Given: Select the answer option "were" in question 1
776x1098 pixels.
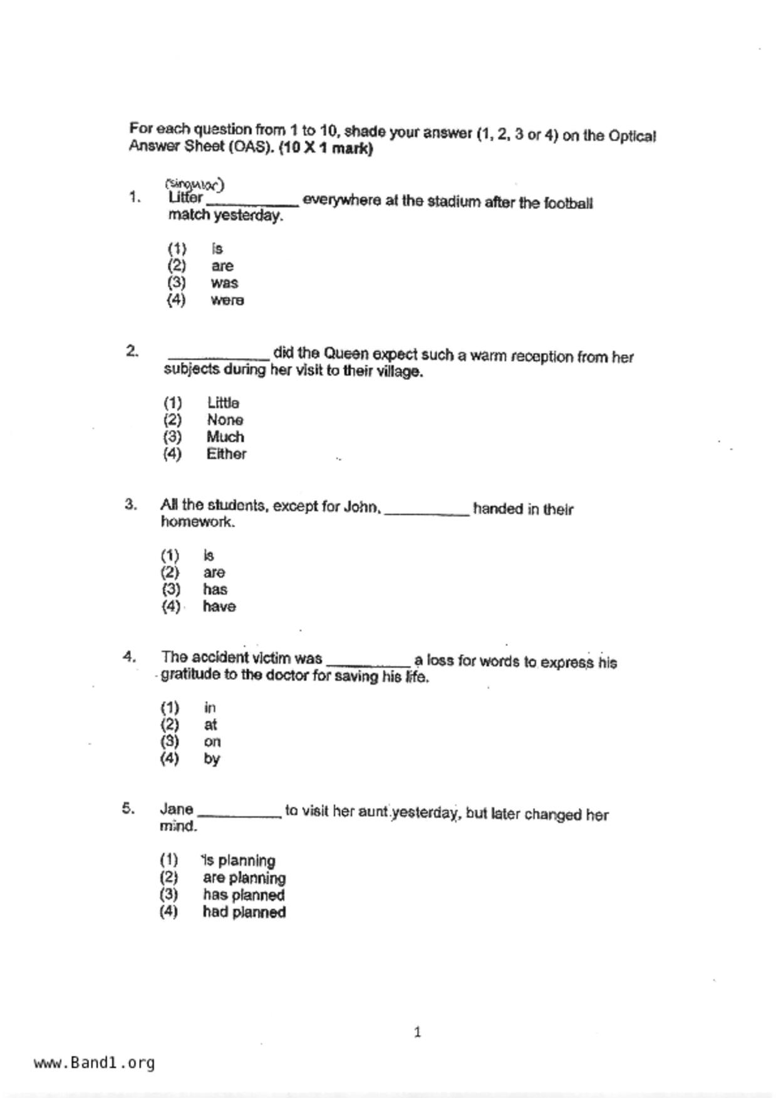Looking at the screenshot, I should click(227, 300).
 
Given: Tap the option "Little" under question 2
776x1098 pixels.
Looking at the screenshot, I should click(223, 403).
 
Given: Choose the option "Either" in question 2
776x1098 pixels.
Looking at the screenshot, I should click(226, 454).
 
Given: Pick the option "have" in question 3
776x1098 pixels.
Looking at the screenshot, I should click(219, 607).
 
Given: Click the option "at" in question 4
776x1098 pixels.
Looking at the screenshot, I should click(210, 726).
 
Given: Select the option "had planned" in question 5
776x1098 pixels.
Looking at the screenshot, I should click(244, 912).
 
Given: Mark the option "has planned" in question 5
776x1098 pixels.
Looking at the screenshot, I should click(244, 895).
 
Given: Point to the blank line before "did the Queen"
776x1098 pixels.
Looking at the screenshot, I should click(219, 357).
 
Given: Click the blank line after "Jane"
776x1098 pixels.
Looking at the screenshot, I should click(239, 814).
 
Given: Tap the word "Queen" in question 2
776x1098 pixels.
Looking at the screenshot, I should click(346, 354).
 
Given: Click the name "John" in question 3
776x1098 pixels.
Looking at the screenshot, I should click(361, 506).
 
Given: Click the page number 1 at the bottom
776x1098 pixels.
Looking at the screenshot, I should click(418, 1032).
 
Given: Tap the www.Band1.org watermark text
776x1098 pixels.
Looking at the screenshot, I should click(95, 1063).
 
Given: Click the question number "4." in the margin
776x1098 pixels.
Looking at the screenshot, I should click(130, 657).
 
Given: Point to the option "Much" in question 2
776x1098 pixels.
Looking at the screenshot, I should click(225, 437).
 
